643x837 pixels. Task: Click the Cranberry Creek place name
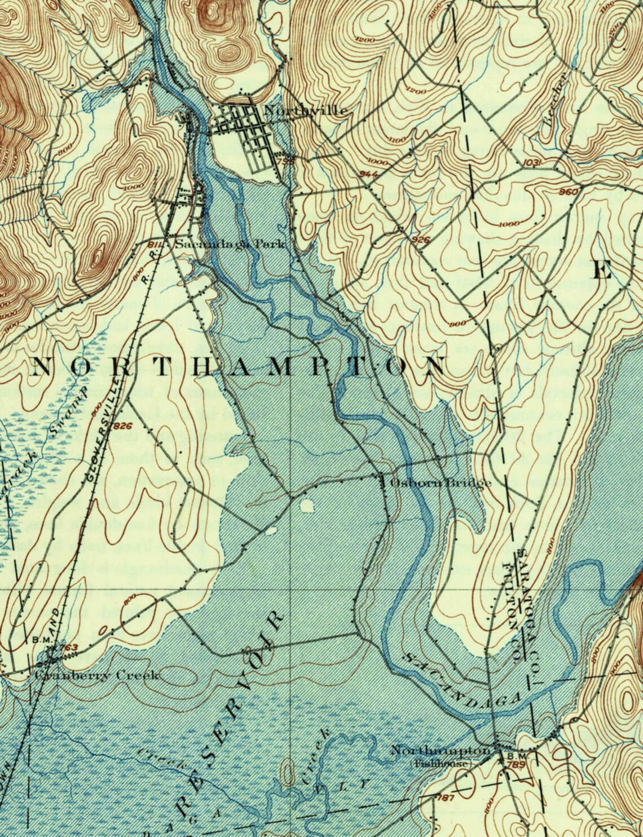click(x=97, y=675)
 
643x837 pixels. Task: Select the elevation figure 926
click(x=421, y=240)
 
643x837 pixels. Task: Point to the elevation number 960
click(x=569, y=192)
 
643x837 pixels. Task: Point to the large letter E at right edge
click(x=602, y=271)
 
